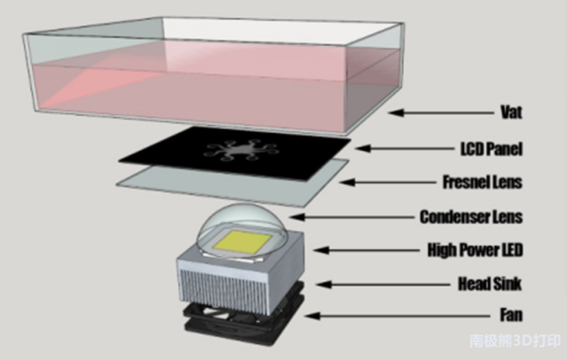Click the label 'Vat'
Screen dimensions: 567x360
(510, 112)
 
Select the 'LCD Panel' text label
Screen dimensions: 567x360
(488, 149)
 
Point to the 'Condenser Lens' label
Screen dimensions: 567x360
(471, 216)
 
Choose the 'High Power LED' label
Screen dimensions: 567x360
(475, 249)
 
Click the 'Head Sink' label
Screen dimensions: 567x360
(490, 283)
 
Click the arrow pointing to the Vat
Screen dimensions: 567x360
(439, 112)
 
